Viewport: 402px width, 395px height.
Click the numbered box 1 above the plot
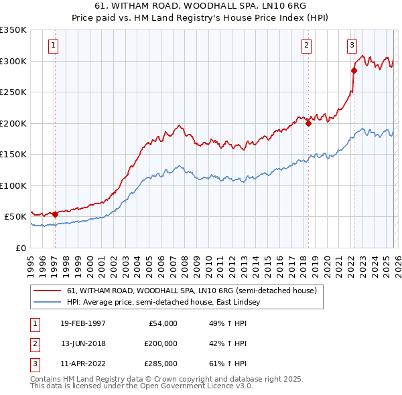[53, 46]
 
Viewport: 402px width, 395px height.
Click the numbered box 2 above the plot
[306, 46]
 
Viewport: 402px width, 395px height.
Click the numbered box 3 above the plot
[352, 46]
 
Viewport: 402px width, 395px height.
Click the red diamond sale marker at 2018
[308, 123]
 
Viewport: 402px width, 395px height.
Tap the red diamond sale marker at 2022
[354, 70]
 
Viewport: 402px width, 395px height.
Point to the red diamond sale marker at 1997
[55, 215]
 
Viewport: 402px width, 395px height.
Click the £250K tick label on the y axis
[13, 92]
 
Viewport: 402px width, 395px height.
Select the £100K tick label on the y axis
[13, 185]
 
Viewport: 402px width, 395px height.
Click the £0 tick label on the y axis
[20, 248]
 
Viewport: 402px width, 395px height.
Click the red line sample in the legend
[48, 291]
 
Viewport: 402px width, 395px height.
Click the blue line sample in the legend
[48, 303]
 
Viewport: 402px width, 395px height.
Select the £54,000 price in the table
[161, 323]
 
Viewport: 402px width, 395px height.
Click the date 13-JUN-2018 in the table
[83, 343]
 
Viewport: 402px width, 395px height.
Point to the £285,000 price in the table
[160, 364]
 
